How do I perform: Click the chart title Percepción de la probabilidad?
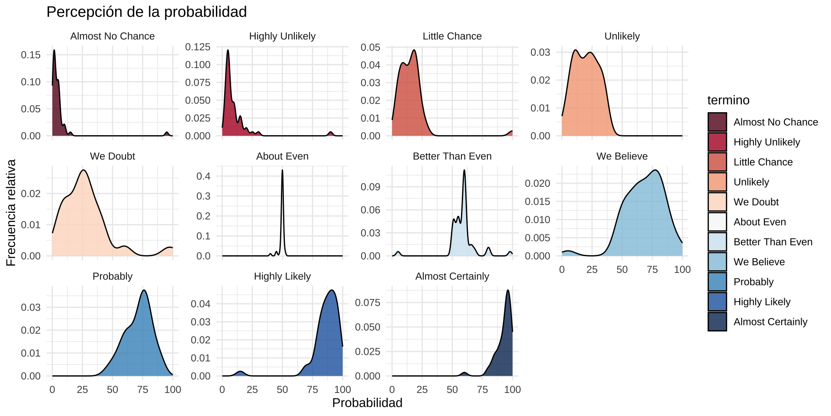(x=146, y=12)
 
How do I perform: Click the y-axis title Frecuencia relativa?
(x=11, y=212)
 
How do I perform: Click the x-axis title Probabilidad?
(x=367, y=403)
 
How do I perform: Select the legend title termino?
(x=728, y=100)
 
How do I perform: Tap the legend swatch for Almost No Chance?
(x=717, y=122)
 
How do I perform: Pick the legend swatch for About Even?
(x=717, y=222)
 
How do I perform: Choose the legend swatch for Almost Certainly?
(x=717, y=322)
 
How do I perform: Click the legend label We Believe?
(x=759, y=262)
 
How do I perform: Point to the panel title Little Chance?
(x=452, y=36)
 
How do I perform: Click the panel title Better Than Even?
(x=452, y=156)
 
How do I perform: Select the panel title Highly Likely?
(x=282, y=276)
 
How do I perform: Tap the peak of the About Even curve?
(x=282, y=170)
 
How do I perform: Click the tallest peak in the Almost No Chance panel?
(x=54, y=50)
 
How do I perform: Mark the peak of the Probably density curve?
(x=144, y=290)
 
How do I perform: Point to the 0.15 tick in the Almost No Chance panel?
(x=31, y=55)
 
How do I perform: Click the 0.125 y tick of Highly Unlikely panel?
(x=198, y=47)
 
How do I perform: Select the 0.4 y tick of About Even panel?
(x=203, y=176)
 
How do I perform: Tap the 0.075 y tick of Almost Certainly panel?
(x=367, y=302)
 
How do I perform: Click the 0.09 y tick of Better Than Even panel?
(x=370, y=187)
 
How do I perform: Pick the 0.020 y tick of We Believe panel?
(x=538, y=183)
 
